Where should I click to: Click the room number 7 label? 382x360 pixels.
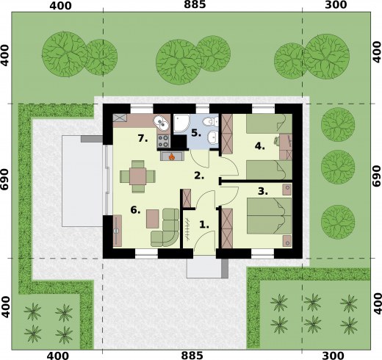[x=143, y=139]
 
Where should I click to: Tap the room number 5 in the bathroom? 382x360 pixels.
[x=196, y=133]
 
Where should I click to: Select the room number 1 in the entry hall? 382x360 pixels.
[x=204, y=224]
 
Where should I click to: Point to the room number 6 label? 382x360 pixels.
[x=135, y=210]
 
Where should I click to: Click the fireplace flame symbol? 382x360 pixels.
[x=172, y=156]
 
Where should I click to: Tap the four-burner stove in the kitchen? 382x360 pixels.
[x=163, y=141]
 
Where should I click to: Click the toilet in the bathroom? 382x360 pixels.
[x=210, y=121]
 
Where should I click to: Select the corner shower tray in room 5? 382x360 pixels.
[x=181, y=124]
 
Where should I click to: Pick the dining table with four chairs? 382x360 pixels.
[x=137, y=176]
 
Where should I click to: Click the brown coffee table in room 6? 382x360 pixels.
[x=153, y=219]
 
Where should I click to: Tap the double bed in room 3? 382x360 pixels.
[x=269, y=216]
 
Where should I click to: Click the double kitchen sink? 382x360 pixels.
[x=162, y=123]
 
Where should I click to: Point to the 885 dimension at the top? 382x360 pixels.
[x=195, y=4]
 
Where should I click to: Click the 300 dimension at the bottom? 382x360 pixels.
[x=336, y=356]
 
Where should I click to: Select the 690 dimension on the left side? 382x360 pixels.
[x=5, y=179]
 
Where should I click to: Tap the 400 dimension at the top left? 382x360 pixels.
[x=60, y=6]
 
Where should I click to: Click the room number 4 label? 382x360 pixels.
[x=260, y=146]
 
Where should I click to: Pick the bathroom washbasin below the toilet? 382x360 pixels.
[x=212, y=137]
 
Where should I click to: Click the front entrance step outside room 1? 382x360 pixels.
[x=207, y=268]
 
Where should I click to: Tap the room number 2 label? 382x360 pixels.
[x=199, y=176]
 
